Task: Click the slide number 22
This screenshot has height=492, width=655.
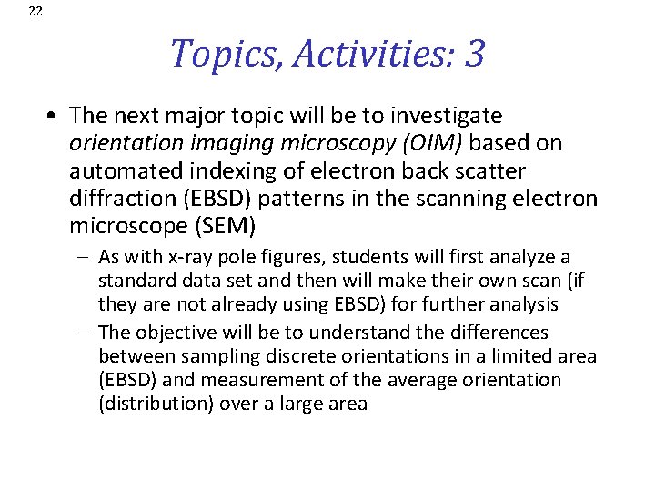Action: coord(35,11)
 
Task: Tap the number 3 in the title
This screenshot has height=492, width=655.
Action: coord(474,54)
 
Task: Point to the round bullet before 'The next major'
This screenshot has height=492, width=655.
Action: coord(55,117)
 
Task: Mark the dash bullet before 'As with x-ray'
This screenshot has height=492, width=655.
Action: coord(85,258)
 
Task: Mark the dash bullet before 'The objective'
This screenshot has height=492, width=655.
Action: coord(85,333)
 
